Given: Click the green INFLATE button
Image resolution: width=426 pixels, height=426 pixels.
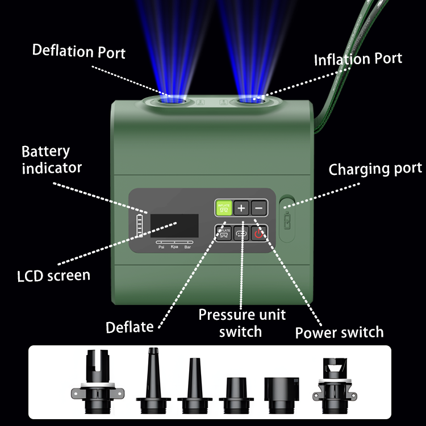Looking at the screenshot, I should tap(223, 208).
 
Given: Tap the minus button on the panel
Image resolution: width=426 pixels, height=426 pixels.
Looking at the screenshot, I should tap(259, 208).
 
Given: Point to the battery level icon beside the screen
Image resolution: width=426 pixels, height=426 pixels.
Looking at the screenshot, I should tap(140, 226).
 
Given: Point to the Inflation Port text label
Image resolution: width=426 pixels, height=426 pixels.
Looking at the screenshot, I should tap(358, 59).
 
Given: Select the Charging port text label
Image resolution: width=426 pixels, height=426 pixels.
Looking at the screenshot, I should tap(375, 169).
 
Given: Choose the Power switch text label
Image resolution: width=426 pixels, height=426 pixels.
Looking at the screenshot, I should tap(339, 332).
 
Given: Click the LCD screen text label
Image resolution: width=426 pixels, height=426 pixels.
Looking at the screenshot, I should tap(53, 276).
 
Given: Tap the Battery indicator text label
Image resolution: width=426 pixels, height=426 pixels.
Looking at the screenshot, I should tap(51, 160).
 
